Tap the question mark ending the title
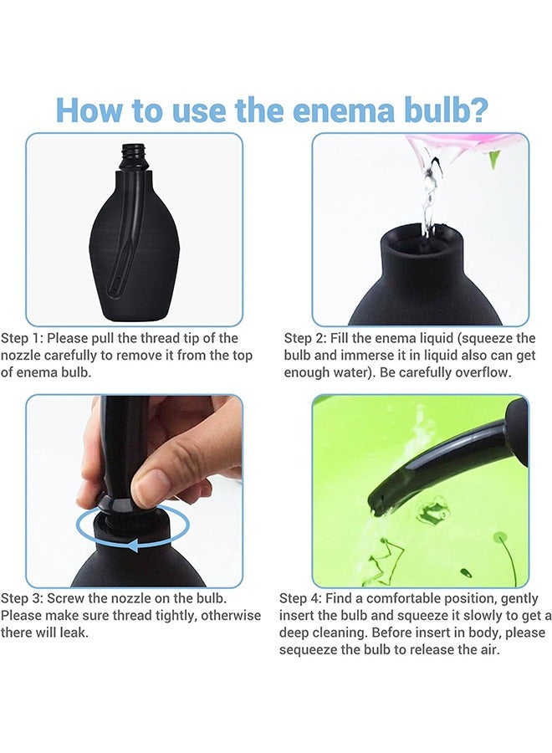click(x=478, y=110)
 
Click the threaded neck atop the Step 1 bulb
click(x=133, y=156)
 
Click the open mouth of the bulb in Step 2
click(x=422, y=240)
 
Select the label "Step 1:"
click(x=22, y=338)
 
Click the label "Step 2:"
click(x=304, y=338)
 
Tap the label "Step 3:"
click(x=22, y=598)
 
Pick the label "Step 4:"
click(x=300, y=598)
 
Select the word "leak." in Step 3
click(x=74, y=633)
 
